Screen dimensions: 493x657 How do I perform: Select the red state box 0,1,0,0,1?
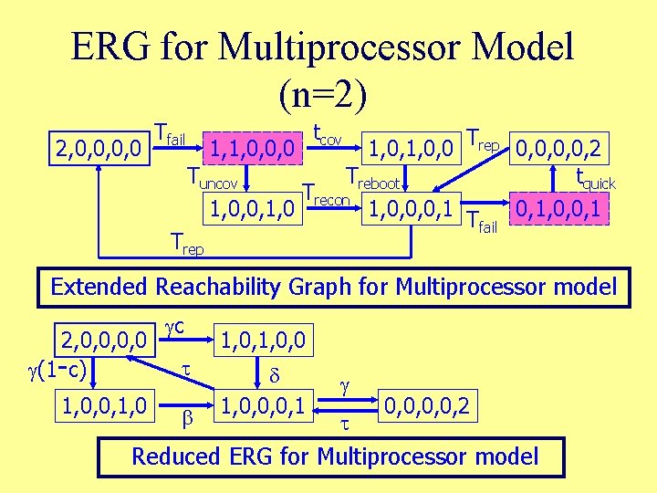(x=556, y=210)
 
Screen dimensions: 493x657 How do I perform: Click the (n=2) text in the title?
(x=324, y=92)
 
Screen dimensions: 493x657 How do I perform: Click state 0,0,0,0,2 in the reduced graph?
(x=426, y=404)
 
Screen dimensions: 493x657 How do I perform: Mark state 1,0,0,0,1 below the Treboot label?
(x=411, y=209)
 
